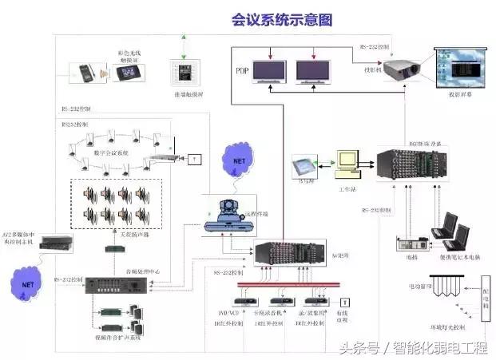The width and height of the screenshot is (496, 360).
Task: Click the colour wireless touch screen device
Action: (x=131, y=73)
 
